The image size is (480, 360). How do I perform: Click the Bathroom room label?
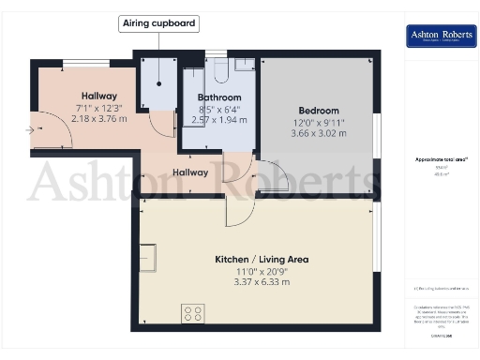pyautogui.click(x=219, y=97)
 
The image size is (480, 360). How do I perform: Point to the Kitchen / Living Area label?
pyautogui.click(x=262, y=259)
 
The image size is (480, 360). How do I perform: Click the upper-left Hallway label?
pyautogui.click(x=98, y=96)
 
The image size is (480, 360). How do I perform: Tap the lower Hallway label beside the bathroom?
pyautogui.click(x=189, y=172)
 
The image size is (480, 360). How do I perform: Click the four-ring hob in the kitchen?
pyautogui.click(x=194, y=311)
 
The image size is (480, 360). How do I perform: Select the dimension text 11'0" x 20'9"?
pyautogui.click(x=262, y=271)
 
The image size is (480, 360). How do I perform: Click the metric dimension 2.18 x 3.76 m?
pyautogui.click(x=98, y=119)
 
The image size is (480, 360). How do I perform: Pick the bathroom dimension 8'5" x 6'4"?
pyautogui.click(x=219, y=110)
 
